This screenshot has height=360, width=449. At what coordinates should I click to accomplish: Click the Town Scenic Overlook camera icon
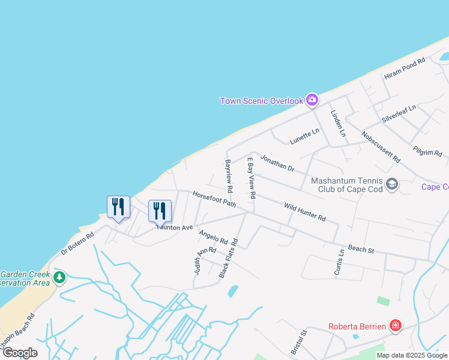[312, 100]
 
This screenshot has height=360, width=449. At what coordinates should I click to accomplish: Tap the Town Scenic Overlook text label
[262, 101]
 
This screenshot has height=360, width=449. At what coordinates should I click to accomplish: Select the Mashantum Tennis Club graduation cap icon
[392, 184]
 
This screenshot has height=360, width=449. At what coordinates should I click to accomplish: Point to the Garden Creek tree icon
[59, 277]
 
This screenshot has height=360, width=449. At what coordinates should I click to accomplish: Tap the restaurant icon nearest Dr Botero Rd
[118, 207]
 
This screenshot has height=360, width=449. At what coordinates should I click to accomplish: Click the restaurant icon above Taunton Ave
[160, 211]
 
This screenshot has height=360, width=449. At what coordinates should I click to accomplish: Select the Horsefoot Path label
[214, 200]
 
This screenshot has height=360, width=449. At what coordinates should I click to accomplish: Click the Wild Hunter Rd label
[304, 211]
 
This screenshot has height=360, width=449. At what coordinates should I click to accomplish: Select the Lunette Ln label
[304, 136]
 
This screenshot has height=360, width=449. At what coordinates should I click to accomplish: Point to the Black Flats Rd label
[229, 259]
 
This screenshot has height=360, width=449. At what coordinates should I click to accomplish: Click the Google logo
[20, 353]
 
